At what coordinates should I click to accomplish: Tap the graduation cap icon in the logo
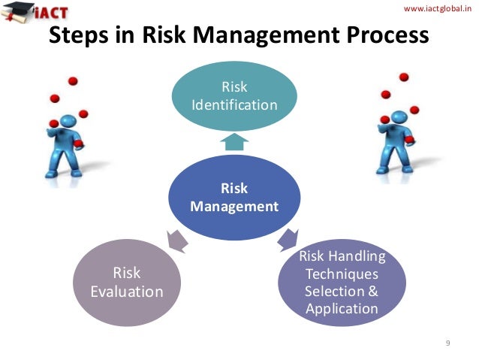tap(17, 11)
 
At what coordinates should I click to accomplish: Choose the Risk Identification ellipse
tap(235, 96)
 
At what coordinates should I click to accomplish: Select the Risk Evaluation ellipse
tap(127, 281)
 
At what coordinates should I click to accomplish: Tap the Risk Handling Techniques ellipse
tap(342, 282)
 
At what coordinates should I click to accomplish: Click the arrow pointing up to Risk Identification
tap(235, 141)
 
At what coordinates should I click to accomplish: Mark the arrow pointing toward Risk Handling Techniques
tap(288, 241)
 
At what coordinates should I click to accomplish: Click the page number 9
tap(447, 343)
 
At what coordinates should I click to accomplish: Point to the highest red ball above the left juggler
tap(74, 80)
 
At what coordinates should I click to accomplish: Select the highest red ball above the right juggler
tap(404, 77)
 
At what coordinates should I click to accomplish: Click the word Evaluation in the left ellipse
tap(127, 291)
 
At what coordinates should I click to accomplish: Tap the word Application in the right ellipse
tap(342, 308)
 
